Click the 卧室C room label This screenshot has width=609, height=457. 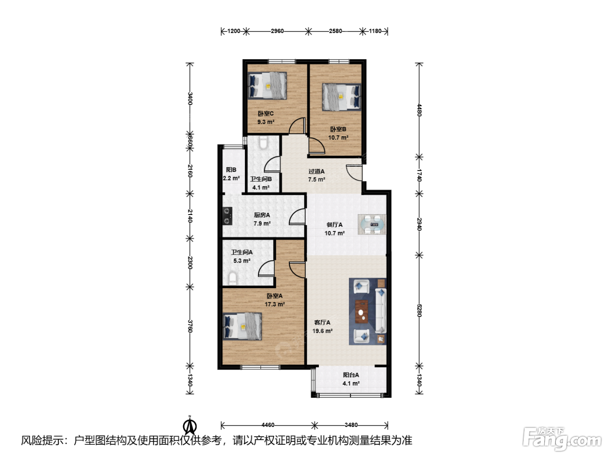click(265, 114)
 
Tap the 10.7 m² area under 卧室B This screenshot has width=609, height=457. click(338, 138)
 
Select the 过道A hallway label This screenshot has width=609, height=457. click(316, 171)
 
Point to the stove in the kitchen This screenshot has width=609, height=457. click(228, 216)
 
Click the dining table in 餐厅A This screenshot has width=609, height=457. click(372, 224)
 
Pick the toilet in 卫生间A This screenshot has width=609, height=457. click(233, 278)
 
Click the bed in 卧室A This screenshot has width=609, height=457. click(242, 326)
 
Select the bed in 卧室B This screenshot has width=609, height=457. click(341, 97)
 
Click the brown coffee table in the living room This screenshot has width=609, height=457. click(362, 311)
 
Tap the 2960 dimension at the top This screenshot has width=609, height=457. click(277, 31)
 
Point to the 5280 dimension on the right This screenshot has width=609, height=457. click(419, 310)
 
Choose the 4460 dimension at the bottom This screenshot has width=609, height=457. click(268, 425)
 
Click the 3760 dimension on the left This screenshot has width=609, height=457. click(190, 326)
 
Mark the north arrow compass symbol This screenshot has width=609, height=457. click(190, 425)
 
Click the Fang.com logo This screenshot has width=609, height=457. click(562, 438)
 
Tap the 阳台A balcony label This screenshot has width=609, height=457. click(351, 375)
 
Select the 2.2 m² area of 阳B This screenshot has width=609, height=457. click(231, 178)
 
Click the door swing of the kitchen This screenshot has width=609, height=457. click(297, 217)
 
